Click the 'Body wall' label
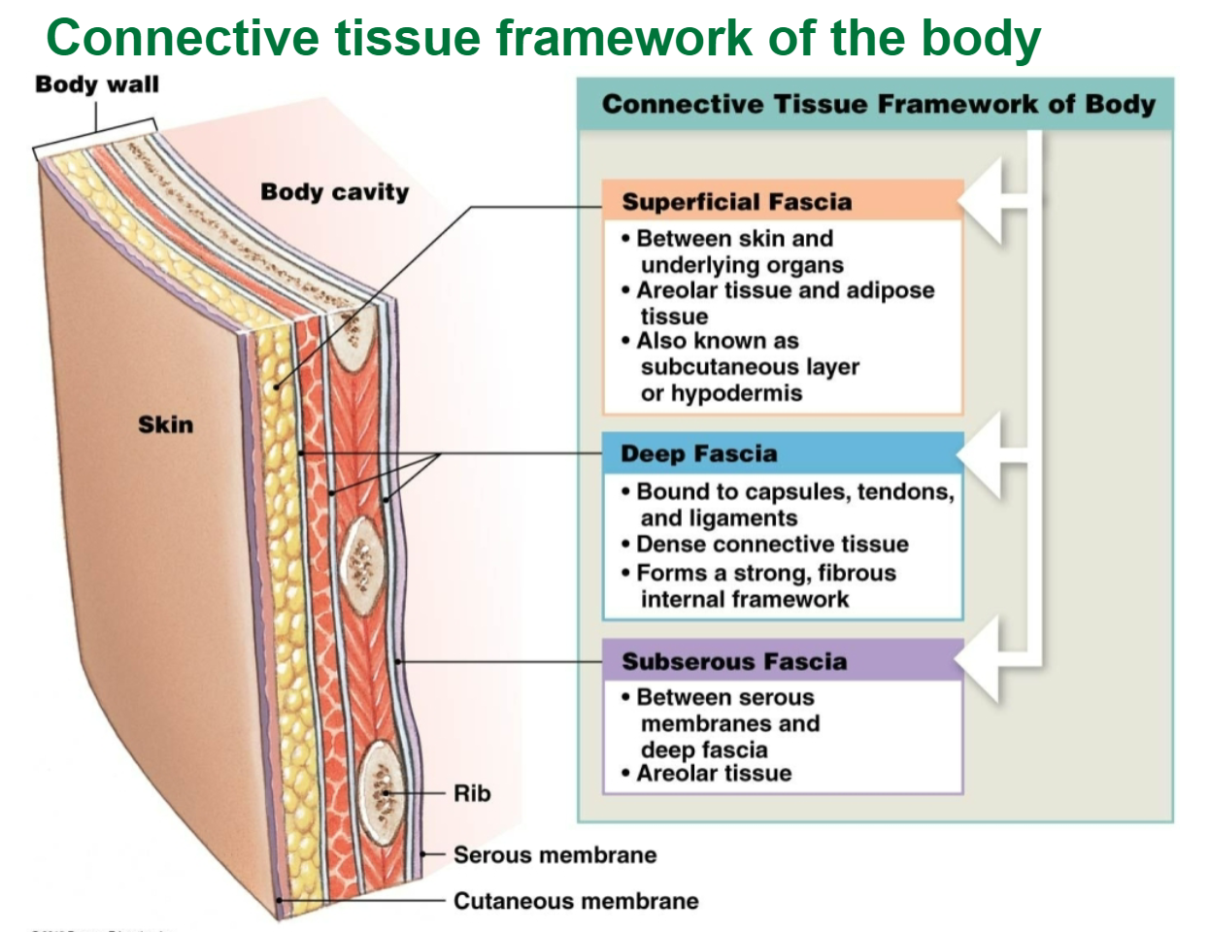(96, 84)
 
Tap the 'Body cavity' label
(334, 192)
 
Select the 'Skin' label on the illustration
(165, 424)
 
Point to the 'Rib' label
(472, 793)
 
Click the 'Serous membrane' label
(555, 855)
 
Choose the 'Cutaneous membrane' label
(576, 901)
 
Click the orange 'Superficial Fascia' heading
(737, 202)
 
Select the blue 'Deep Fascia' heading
(699, 453)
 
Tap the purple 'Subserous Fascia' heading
(734, 661)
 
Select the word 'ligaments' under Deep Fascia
(746, 518)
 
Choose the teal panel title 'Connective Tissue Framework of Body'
(878, 104)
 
